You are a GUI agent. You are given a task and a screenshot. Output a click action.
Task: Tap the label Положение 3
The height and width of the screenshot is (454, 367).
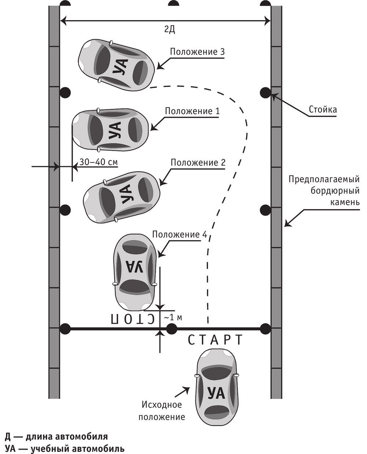coord(197,52)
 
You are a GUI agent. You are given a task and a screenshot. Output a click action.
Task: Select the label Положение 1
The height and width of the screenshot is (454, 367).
coord(192,111)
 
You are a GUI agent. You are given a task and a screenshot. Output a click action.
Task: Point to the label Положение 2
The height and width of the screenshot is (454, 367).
coord(198,162)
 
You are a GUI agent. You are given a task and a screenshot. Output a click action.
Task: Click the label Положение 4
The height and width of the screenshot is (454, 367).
coord(179,234)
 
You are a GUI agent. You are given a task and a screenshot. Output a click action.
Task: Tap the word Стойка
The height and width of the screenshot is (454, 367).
coord(323,110)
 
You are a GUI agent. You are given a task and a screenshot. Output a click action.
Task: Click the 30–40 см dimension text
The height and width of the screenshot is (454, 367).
coord(98,162)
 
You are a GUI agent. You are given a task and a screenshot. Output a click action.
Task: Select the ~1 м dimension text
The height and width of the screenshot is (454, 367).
coord(173,318)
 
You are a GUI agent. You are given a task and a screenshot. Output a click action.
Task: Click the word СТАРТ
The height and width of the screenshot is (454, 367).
coord(215,340)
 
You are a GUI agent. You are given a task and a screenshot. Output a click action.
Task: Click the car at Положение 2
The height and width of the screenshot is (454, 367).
coord(121,197)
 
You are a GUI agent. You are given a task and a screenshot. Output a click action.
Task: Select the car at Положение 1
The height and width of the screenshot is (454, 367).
coord(110,130)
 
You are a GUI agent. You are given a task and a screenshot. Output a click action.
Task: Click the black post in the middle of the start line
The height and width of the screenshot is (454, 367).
coord(171,329)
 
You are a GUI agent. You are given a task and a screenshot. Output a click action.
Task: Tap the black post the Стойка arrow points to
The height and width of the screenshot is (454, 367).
coord(265,93)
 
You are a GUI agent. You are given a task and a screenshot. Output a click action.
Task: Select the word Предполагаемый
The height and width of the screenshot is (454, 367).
coord(324,179)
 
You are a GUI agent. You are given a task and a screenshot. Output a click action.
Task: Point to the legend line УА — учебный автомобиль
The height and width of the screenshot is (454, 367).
coord(65,447)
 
